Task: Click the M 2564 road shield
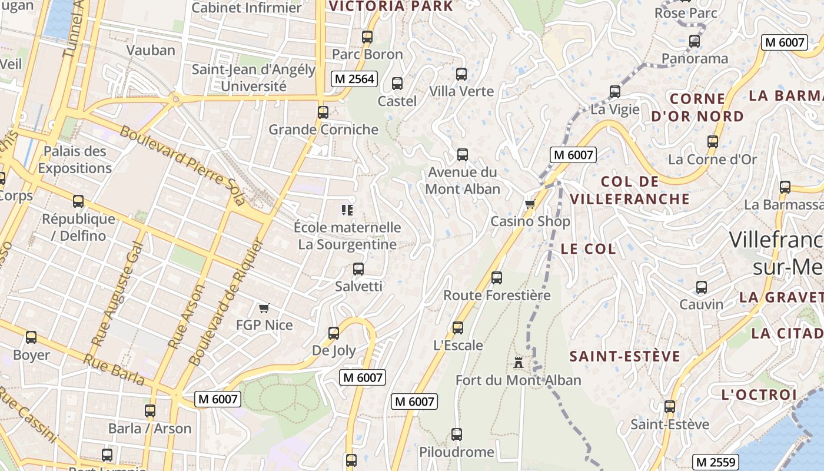pyautogui.click(x=354, y=79)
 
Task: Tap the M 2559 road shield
pyautogui.click(x=715, y=462)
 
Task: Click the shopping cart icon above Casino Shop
pyautogui.click(x=530, y=204)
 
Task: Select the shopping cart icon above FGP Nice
pyautogui.click(x=264, y=308)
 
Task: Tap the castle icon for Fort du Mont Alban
pyautogui.click(x=519, y=362)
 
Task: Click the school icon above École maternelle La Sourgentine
pyautogui.click(x=347, y=210)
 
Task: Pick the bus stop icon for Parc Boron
pyautogui.click(x=367, y=37)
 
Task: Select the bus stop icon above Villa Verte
pyautogui.click(x=461, y=74)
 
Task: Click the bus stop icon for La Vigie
pyautogui.click(x=615, y=92)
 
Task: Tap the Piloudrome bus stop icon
pyautogui.click(x=457, y=434)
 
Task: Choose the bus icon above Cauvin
pyautogui.click(x=702, y=287)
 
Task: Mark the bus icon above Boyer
pyautogui.click(x=31, y=337)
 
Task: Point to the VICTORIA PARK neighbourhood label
pyautogui.click(x=391, y=6)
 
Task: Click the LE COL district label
pyautogui.click(x=588, y=248)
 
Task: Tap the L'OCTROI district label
pyautogui.click(x=759, y=394)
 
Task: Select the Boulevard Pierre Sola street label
pyautogui.click(x=182, y=164)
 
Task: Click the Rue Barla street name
pyautogui.click(x=114, y=369)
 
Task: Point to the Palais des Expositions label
pyautogui.click(x=75, y=160)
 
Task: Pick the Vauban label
pyautogui.click(x=151, y=50)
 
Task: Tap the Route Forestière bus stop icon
pyautogui.click(x=497, y=277)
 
